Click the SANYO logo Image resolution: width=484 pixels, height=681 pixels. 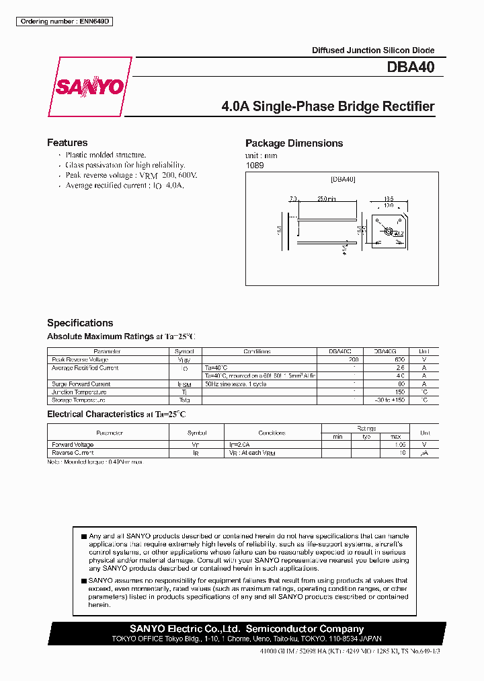point(89,87)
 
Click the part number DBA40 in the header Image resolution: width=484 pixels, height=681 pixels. point(410,67)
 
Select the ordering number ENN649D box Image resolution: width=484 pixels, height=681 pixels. point(65,22)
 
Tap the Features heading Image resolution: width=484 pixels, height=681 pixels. point(67,143)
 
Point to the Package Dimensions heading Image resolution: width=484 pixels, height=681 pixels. point(294,143)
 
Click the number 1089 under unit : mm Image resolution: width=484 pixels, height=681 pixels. point(253,166)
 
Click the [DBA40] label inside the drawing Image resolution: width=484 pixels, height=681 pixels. point(343,180)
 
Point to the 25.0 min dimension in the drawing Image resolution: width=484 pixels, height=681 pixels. point(326,199)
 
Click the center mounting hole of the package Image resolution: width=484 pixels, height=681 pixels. point(387,231)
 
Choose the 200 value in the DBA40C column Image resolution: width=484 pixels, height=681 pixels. point(354,360)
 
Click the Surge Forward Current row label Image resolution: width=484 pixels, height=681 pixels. point(81,384)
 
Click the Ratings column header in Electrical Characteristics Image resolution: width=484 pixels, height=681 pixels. point(366,428)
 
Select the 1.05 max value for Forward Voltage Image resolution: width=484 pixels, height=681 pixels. point(401,445)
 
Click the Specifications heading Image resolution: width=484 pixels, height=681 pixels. point(80,323)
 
